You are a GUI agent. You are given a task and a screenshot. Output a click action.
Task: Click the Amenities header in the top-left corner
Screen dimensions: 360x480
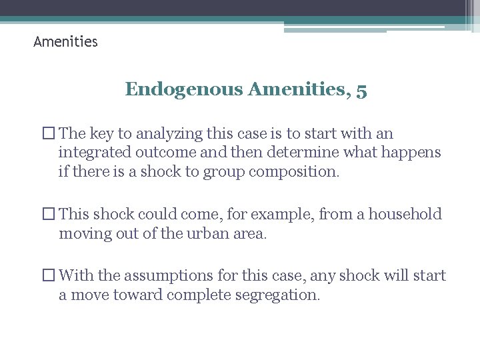point(65,42)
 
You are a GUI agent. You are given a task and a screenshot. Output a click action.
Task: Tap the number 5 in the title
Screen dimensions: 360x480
point(361,89)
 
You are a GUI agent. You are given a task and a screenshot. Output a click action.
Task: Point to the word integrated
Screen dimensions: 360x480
point(94,153)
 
